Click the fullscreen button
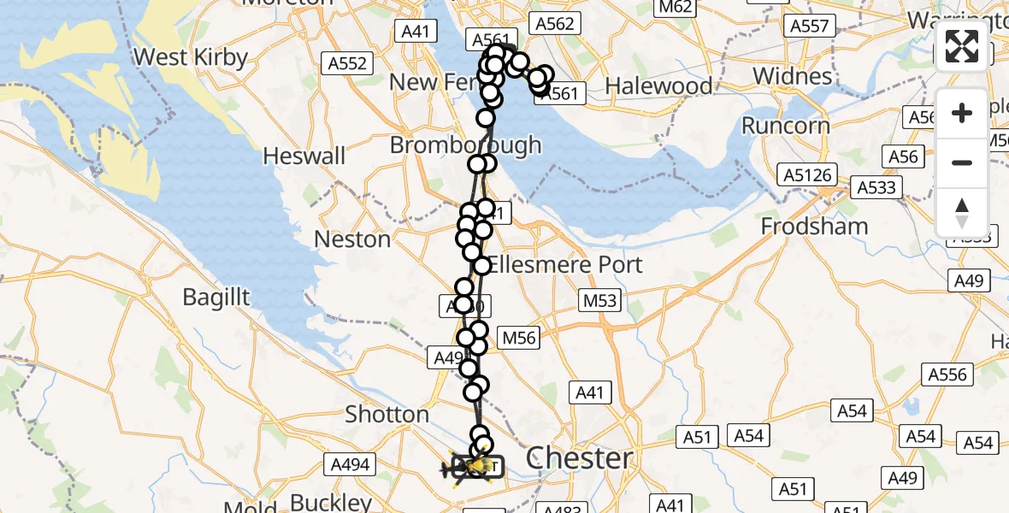(962, 46)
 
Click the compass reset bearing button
(962, 213)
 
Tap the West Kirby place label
(191, 57)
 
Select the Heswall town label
(304, 156)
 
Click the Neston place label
(352, 239)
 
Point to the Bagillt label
(216, 297)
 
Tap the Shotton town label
(386, 415)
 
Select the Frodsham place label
(814, 227)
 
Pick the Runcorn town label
(785, 126)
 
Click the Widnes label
(792, 76)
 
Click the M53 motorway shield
(600, 301)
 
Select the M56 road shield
(518, 338)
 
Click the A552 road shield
(345, 62)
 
